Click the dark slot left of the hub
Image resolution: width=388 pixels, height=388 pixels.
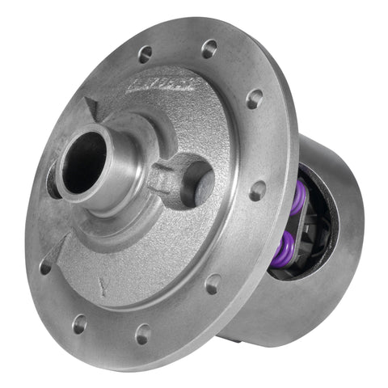point(53,183)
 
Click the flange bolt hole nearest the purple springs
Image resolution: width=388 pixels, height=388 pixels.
point(258,192)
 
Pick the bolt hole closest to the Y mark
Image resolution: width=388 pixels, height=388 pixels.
point(79,324)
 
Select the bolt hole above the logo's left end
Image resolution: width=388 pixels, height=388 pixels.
point(145,55)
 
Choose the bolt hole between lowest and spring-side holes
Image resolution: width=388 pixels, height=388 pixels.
point(213,284)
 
